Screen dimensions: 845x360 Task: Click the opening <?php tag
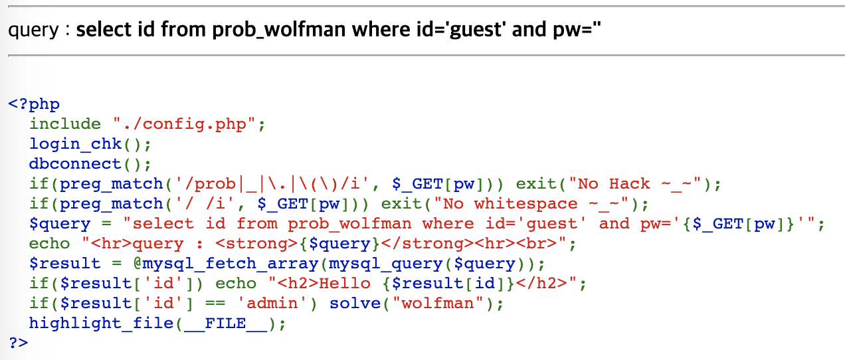[x=34, y=104]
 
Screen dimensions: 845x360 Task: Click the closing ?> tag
[x=19, y=343]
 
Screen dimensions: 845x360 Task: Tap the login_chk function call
[x=80, y=144]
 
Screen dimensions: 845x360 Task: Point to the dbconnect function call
[x=80, y=164]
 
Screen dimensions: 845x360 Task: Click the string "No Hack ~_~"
[x=642, y=184]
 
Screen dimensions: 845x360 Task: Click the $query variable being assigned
[x=60, y=224]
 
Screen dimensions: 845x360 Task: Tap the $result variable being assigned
[x=65, y=264]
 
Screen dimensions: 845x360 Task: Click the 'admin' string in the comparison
[x=272, y=304]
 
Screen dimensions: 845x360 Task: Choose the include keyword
[x=65, y=124]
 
